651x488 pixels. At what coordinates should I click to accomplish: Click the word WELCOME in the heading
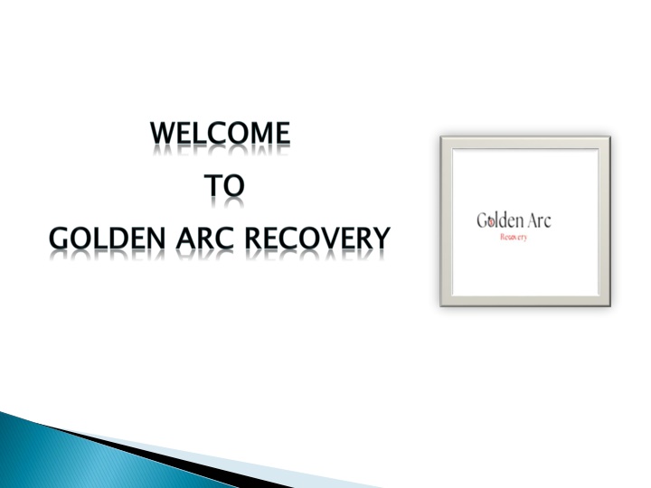click(220, 133)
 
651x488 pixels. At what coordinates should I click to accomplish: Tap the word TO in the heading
click(224, 185)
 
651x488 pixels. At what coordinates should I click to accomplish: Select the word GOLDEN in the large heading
click(107, 239)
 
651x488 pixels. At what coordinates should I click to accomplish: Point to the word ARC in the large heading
click(205, 239)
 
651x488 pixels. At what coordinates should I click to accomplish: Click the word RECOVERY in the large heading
click(317, 239)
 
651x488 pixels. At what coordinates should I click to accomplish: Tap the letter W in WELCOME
click(165, 133)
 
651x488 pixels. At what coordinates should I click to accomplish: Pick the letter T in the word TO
click(212, 185)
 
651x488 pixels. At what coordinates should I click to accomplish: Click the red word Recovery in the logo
click(514, 238)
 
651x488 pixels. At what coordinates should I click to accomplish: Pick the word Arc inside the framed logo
click(540, 221)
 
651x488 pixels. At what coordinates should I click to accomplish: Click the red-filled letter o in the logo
click(491, 222)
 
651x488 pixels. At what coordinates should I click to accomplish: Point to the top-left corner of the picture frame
click(440, 136)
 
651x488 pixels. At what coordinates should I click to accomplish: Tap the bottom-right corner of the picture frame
click(610, 306)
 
